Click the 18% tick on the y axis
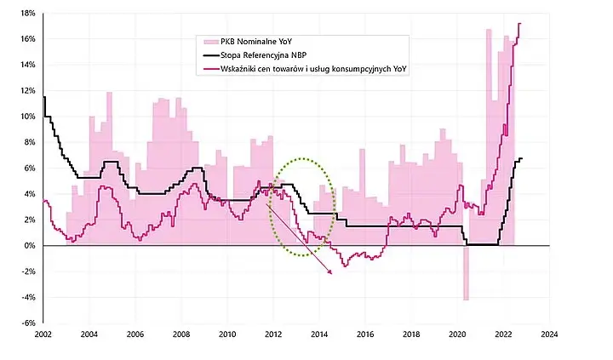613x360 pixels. coord(27,13)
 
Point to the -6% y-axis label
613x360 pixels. coord(27,323)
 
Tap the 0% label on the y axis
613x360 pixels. coord(30,245)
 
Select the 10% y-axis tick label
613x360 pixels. coord(27,116)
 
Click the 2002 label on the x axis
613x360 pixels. coord(43,334)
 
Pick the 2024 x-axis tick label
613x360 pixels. coord(549,334)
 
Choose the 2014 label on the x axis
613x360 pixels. coord(319,334)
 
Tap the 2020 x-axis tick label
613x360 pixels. coord(457,334)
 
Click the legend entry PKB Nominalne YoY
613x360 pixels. coord(256,42)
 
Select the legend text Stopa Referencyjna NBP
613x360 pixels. coord(263,55)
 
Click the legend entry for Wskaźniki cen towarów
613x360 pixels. coord(313,69)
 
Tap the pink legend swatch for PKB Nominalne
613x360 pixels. coord(210,42)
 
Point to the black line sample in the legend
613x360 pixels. coord(210,55)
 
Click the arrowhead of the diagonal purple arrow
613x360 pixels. coord(330,272)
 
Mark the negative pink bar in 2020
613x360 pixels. coord(466,273)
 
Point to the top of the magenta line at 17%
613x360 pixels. coord(519,24)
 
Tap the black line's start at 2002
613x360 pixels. coord(43,97)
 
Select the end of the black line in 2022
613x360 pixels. coord(522,158)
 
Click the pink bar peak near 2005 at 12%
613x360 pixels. coord(109,93)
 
